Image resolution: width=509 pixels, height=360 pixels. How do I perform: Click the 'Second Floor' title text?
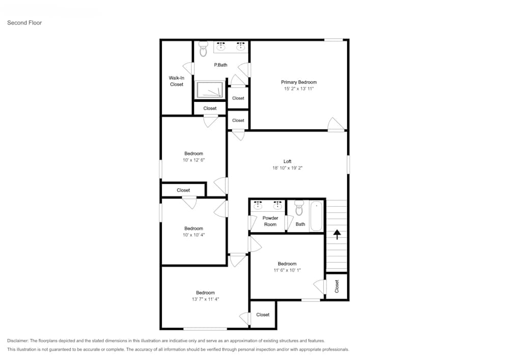[24, 23]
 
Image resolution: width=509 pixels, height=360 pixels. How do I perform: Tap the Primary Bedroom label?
[299, 82]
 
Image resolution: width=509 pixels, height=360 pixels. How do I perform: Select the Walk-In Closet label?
[177, 81]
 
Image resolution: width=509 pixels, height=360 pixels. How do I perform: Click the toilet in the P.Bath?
[203, 49]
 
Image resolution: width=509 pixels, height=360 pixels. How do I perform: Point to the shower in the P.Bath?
[211, 90]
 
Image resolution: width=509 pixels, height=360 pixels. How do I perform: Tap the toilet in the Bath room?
[299, 209]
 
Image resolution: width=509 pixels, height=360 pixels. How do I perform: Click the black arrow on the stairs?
[336, 234]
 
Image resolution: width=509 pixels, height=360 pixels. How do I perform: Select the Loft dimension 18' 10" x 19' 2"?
[288, 168]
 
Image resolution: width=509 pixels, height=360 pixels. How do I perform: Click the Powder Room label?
[270, 221]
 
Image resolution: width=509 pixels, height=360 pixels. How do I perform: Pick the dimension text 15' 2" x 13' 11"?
[299, 89]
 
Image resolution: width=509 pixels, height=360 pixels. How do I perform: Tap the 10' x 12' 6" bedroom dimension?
[193, 160]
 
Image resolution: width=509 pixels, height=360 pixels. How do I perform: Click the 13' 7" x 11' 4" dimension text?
[205, 299]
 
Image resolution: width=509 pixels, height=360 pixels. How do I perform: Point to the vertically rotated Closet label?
[336, 286]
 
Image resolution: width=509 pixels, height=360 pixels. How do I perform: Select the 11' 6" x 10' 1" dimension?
[287, 270]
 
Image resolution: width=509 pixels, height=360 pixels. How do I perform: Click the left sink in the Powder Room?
[258, 205]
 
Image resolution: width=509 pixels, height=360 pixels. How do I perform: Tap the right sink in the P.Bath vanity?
[241, 47]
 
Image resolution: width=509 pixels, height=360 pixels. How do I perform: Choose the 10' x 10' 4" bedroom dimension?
[193, 235]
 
